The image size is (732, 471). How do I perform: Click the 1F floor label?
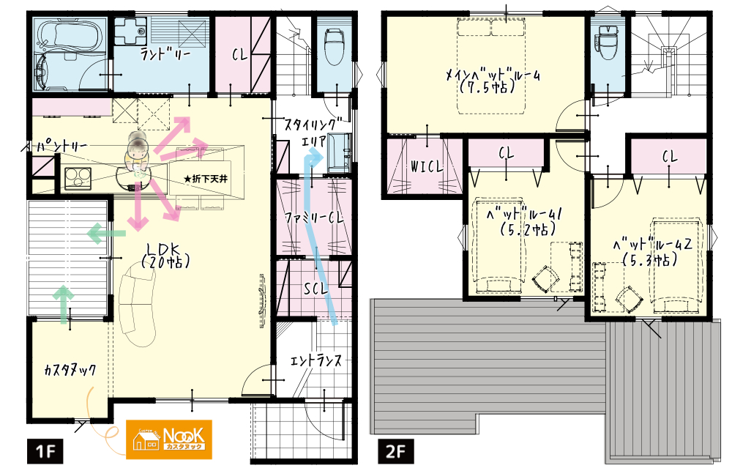(45, 451)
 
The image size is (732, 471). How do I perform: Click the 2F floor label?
(395, 451)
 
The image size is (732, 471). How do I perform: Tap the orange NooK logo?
(169, 440)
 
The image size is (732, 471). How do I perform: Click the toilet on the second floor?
(608, 41)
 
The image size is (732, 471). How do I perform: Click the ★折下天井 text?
(206, 179)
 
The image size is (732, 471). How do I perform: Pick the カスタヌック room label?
(70, 371)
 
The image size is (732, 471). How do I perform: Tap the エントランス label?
(315, 360)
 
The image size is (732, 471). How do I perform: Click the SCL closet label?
(316, 289)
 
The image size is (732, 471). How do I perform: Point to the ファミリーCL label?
(314, 218)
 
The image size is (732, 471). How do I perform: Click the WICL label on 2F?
(426, 166)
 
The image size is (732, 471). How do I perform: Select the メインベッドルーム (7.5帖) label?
(493, 81)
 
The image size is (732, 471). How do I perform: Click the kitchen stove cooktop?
(78, 178)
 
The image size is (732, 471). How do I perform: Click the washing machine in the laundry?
(131, 30)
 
